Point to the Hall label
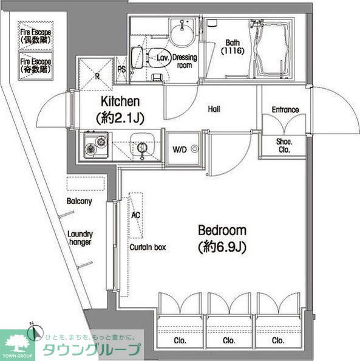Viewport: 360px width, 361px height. pos(213,110)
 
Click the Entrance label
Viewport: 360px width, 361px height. pos(285,110)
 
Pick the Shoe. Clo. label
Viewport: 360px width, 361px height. pos(284,146)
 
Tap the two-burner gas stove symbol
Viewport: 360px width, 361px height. pos(94,146)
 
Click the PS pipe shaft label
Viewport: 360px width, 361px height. pos(122,69)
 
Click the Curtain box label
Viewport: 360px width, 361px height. pos(147,247)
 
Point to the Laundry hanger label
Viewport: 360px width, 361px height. pos(80,238)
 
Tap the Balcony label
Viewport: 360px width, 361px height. pos(80,201)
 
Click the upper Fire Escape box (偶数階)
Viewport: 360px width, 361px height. pos(36,34)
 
